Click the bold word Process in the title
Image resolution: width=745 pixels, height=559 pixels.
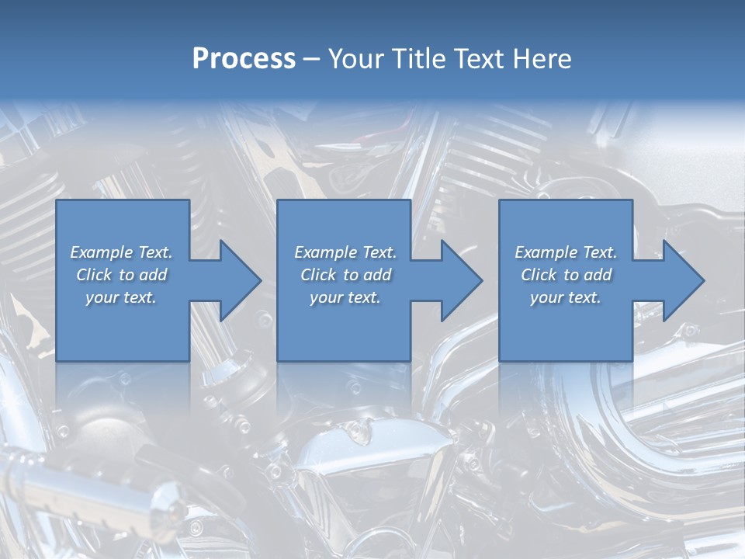[x=244, y=59]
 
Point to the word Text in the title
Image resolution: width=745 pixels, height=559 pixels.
[x=480, y=59]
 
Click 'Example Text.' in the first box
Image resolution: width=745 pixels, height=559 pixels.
[x=122, y=252]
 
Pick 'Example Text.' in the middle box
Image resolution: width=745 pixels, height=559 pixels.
[x=345, y=252]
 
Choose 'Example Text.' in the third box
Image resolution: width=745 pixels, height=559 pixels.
[x=566, y=252]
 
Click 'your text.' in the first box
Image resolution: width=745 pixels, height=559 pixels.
[x=122, y=297]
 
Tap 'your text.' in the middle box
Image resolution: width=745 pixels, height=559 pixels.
[x=345, y=297]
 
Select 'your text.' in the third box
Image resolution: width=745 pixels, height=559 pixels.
[x=566, y=297]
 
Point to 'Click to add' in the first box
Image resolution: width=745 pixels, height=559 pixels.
[x=122, y=275]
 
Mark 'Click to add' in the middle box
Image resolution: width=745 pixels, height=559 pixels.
[x=345, y=275]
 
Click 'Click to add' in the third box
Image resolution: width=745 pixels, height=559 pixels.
[x=566, y=275]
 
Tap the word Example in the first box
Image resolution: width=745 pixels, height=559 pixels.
[x=101, y=252]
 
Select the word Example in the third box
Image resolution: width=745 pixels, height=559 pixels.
[x=546, y=252]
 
